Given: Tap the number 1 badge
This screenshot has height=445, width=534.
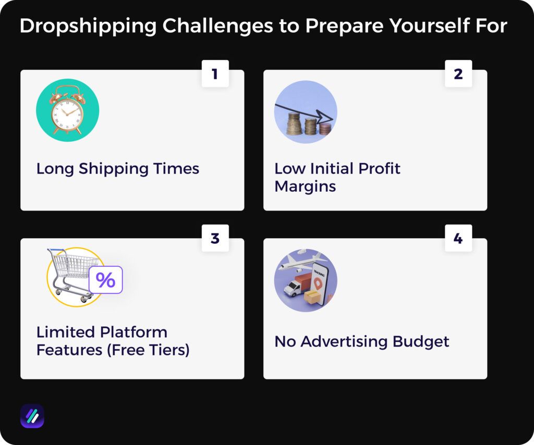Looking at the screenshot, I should (215, 74).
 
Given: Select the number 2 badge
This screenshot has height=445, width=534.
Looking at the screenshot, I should (458, 74).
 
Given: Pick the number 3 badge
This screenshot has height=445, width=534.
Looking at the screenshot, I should (215, 239).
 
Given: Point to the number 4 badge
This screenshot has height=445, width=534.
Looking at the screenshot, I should (458, 239).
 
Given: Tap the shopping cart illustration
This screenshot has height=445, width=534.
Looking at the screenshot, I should (71, 274).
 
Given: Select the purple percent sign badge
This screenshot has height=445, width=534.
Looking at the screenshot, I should (105, 280).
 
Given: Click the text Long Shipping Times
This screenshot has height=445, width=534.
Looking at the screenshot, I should (117, 169).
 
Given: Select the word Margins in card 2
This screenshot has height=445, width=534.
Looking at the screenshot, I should (305, 186).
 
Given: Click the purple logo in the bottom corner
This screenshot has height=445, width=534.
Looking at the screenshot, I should (32, 416).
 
